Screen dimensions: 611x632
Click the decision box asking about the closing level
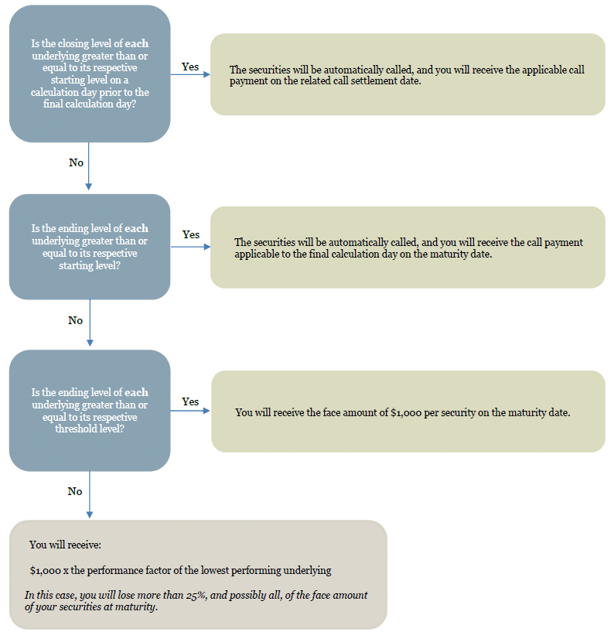click(x=90, y=73)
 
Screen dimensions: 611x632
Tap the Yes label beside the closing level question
click(x=189, y=67)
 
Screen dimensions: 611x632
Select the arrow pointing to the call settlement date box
click(x=190, y=74)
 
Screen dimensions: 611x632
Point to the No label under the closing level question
click(x=76, y=162)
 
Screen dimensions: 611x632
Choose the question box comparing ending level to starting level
click(x=90, y=247)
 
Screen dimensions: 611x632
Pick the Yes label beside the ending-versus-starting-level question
click(x=190, y=234)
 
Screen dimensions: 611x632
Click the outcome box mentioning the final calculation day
click(x=408, y=247)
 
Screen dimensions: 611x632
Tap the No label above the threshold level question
click(x=75, y=320)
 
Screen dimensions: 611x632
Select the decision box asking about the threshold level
click(x=90, y=410)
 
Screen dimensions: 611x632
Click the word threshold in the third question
click(x=76, y=429)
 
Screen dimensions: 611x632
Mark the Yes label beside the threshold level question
click(x=190, y=401)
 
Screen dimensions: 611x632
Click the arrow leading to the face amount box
click(x=190, y=411)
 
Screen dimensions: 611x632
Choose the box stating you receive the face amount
click(x=408, y=411)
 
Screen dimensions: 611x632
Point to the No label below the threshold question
click(x=75, y=491)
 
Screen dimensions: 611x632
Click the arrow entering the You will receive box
click(x=90, y=494)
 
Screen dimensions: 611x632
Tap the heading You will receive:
click(x=65, y=545)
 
